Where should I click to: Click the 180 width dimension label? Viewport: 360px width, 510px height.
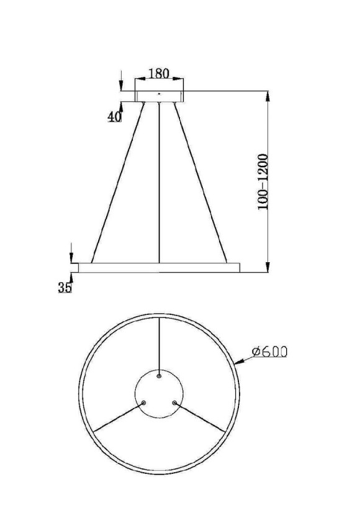(x=159, y=73)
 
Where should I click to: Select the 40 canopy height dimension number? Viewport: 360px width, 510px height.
(x=114, y=117)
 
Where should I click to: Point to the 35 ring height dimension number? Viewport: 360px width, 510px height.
(x=65, y=288)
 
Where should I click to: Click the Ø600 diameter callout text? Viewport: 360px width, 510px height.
(x=269, y=352)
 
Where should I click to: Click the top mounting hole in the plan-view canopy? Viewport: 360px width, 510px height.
(x=160, y=376)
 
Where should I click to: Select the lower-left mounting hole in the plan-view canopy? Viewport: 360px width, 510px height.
(x=144, y=403)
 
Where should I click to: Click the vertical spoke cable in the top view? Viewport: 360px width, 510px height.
(x=160, y=345)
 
